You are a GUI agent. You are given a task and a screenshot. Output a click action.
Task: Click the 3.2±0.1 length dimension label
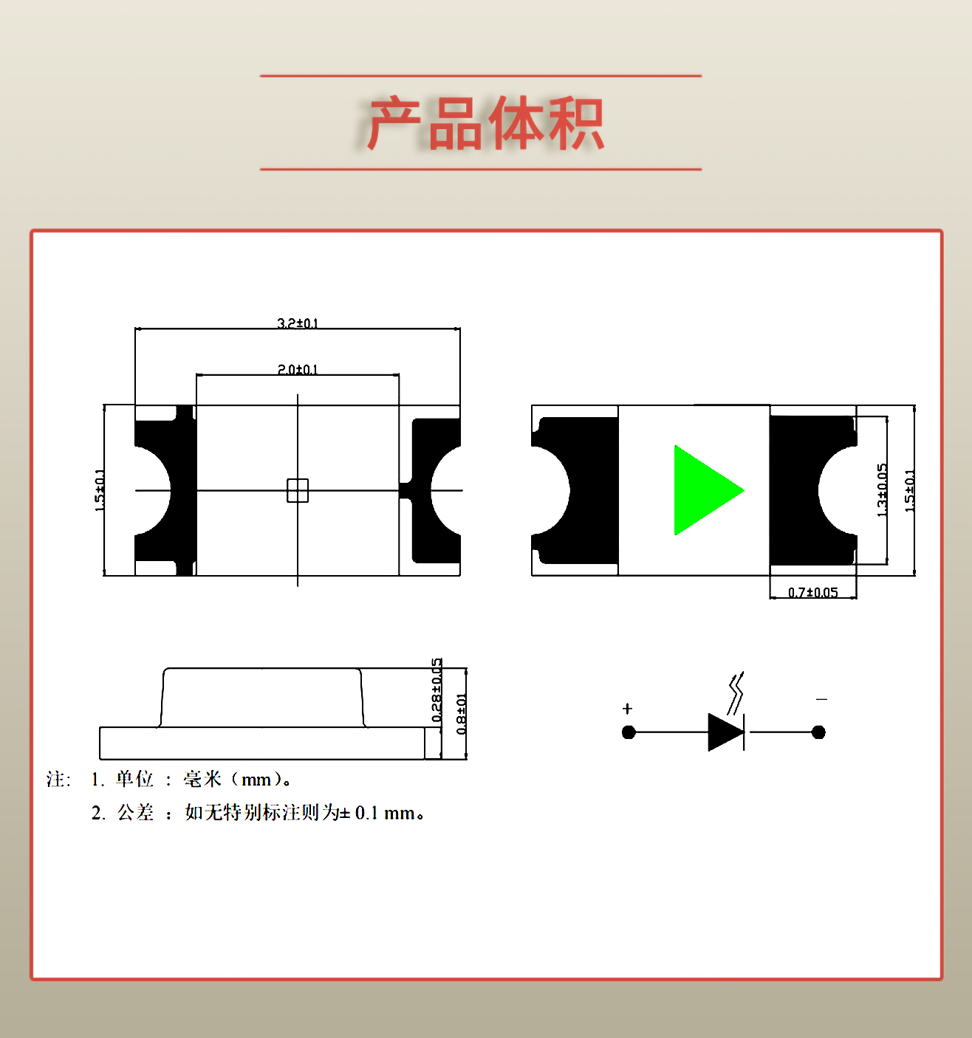click(x=298, y=323)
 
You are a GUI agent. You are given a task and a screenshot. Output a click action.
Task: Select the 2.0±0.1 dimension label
click(x=298, y=369)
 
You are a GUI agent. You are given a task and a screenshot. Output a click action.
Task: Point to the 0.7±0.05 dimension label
click(x=812, y=592)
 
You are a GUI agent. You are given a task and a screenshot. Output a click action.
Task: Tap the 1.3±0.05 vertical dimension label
click(x=881, y=490)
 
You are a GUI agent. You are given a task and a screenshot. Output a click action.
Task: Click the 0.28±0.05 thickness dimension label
click(x=437, y=690)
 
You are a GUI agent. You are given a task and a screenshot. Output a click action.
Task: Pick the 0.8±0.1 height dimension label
click(x=461, y=714)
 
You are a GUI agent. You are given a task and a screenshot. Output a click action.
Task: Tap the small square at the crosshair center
click(x=298, y=490)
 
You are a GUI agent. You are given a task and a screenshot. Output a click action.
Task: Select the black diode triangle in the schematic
click(x=725, y=732)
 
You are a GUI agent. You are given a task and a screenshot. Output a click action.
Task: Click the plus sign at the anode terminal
click(x=627, y=709)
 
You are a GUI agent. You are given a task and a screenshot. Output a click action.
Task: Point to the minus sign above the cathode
click(x=821, y=699)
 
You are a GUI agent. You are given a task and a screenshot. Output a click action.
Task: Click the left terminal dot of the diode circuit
click(x=629, y=732)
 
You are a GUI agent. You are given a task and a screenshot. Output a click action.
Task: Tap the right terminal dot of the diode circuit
click(x=818, y=732)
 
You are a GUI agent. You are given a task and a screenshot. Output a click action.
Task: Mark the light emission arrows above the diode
click(x=736, y=692)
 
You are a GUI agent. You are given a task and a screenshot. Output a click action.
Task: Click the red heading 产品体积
click(x=485, y=123)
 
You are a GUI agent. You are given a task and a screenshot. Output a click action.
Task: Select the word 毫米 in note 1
click(x=202, y=779)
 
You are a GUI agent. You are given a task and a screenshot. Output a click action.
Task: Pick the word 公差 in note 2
click(x=136, y=813)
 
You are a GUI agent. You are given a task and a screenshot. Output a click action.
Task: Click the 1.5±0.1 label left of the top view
click(x=100, y=490)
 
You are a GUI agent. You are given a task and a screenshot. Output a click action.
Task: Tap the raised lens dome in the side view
click(x=261, y=698)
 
